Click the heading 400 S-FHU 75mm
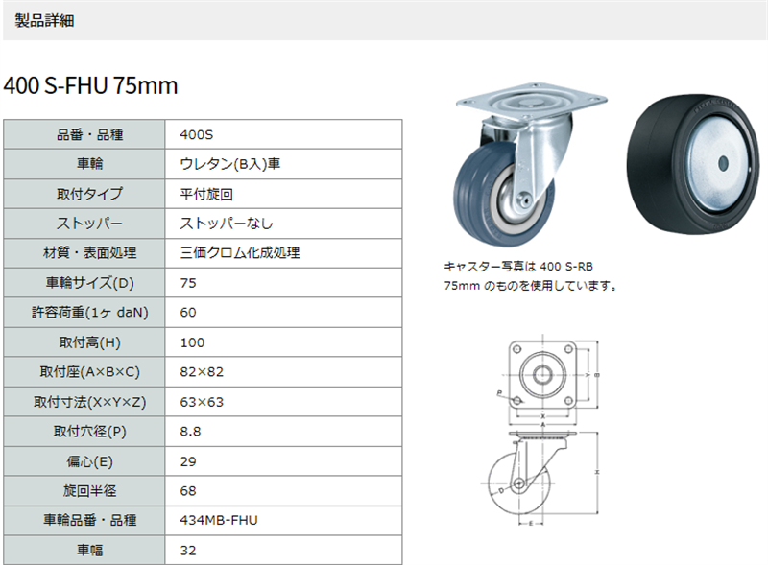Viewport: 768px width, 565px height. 90,85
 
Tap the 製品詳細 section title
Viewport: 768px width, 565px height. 44,21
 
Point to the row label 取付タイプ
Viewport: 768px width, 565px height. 89,194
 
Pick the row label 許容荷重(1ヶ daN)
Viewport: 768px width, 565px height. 89,313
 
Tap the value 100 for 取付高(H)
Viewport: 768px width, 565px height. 192,342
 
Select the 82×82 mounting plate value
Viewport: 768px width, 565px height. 202,372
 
